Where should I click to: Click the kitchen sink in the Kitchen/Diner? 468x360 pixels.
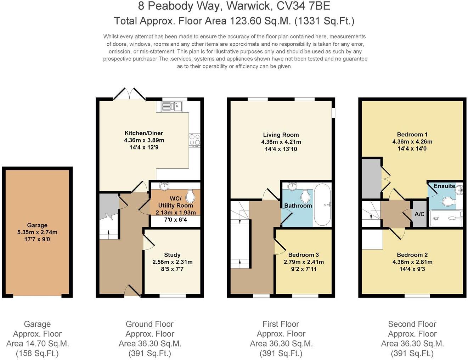171,106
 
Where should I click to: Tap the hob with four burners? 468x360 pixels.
194,140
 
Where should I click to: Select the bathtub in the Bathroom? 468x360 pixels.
322,205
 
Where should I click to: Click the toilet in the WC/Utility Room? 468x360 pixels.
190,196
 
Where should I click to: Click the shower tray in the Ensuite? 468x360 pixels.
446,218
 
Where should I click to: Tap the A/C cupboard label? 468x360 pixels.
419,214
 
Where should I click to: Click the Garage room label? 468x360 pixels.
37,225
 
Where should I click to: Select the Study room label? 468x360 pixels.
172,255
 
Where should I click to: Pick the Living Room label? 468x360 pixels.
281,135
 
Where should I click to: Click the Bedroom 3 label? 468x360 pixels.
304,255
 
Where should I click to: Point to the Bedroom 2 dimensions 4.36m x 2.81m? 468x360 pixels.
412,262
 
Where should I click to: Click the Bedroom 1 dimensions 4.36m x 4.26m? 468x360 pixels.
412,141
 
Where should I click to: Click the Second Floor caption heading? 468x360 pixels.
412,324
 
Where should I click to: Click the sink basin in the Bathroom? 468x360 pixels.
292,186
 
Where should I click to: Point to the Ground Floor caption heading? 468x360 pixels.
150,324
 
